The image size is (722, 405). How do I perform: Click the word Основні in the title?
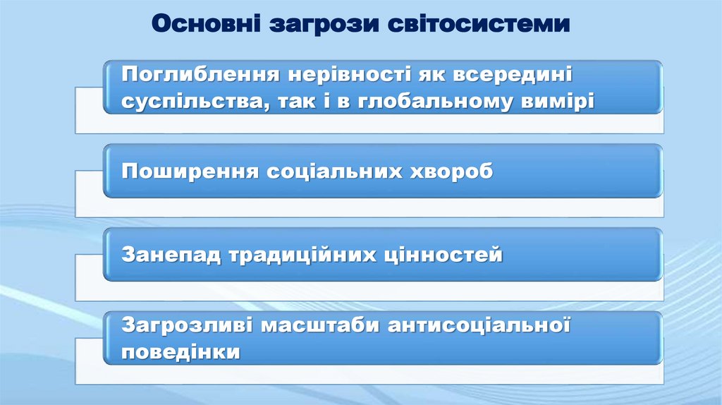(x=204, y=25)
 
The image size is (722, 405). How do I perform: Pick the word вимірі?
(x=557, y=101)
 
